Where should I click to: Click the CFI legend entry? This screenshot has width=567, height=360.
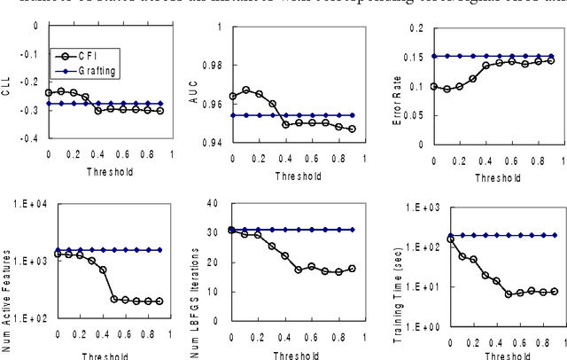[84, 55]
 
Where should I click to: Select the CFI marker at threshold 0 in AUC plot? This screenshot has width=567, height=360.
[232, 96]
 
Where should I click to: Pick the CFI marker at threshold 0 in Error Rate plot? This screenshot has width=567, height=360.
[435, 86]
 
